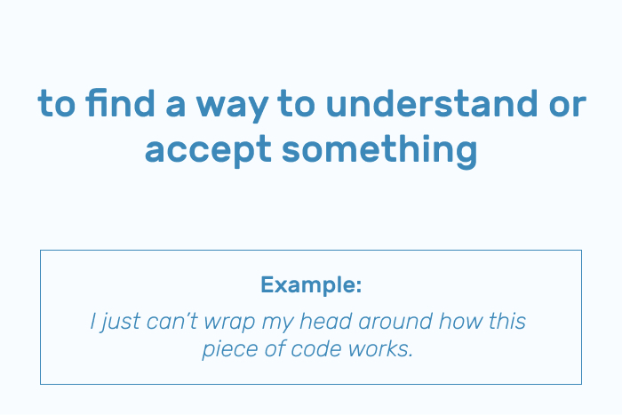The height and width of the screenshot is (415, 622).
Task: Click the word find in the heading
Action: [120, 102]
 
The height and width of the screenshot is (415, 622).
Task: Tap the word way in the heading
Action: [233, 108]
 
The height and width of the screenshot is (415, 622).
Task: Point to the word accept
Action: [208, 152]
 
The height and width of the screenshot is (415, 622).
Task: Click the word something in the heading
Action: [379, 152]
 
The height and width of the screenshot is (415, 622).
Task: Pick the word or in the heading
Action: [568, 106]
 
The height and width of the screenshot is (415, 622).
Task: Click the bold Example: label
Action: [311, 284]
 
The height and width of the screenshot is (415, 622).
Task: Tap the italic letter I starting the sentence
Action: [92, 321]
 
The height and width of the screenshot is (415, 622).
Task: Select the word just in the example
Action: [120, 323]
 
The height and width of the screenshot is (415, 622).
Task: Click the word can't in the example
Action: [171, 321]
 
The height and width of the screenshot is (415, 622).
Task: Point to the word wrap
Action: [229, 323]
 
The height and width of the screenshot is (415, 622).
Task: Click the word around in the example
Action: [395, 321]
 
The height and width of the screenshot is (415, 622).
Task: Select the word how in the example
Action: [460, 321]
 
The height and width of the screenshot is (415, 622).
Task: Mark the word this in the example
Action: [507, 321]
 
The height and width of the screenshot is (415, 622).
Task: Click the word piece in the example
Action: [230, 350]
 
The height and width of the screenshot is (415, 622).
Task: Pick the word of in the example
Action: [275, 348]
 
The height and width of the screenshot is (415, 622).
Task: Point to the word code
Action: [316, 348]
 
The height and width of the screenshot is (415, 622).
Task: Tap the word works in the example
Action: [381, 348]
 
